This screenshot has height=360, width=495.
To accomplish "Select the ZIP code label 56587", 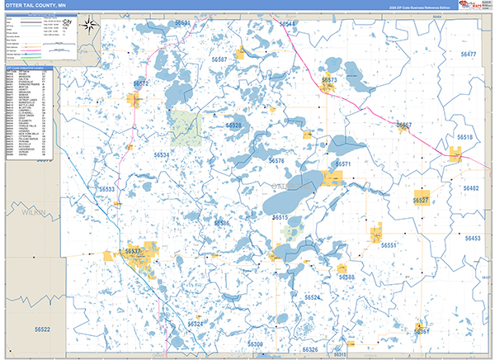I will [219, 60].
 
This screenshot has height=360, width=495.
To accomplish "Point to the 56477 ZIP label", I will [469, 54].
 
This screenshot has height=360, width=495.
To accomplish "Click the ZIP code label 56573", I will [329, 80].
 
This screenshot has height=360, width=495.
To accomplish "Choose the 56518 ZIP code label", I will [465, 137].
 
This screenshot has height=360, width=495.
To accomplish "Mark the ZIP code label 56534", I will [162, 155].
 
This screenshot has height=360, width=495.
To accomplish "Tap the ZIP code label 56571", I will [343, 164].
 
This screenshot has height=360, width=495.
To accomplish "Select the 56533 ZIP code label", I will [107, 190].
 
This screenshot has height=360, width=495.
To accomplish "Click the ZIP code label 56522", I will [43, 330].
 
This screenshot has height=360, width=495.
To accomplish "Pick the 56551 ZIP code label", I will [389, 245].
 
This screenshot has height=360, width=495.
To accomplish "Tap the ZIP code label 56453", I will [473, 238].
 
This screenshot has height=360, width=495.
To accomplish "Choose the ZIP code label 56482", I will [471, 188].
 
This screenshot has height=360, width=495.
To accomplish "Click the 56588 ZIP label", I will [346, 277].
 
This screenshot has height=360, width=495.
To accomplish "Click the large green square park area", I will [186, 127].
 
